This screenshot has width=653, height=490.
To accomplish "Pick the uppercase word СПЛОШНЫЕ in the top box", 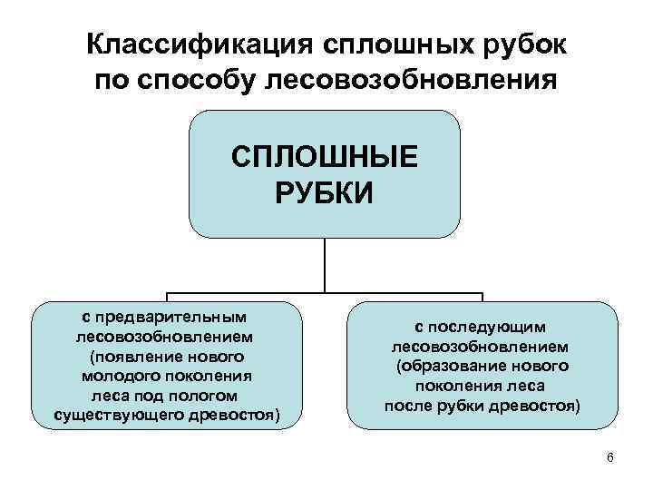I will [325, 156].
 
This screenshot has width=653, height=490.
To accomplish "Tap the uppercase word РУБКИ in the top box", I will [324, 192].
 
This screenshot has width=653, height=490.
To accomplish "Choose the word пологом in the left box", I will [207, 396].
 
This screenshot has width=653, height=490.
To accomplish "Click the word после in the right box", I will [406, 405].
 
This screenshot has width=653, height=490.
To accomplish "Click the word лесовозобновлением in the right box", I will [481, 346].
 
